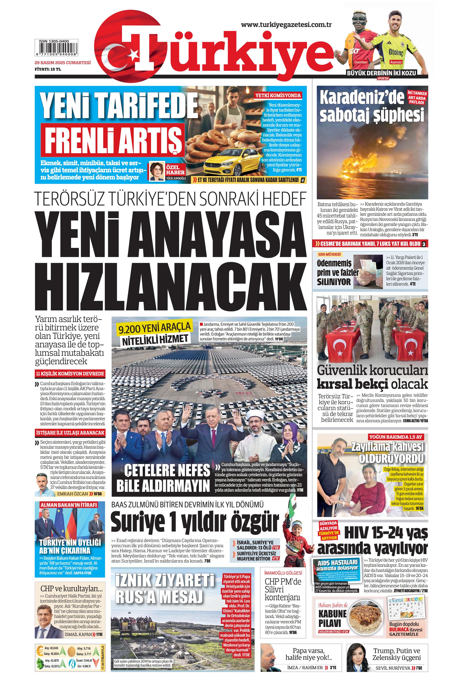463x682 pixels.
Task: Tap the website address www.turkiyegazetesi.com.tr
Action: (286, 25)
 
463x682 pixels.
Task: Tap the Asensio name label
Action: (396, 62)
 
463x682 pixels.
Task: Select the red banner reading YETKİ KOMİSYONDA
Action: (278, 95)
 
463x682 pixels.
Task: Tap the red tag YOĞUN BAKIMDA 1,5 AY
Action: (396, 437)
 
